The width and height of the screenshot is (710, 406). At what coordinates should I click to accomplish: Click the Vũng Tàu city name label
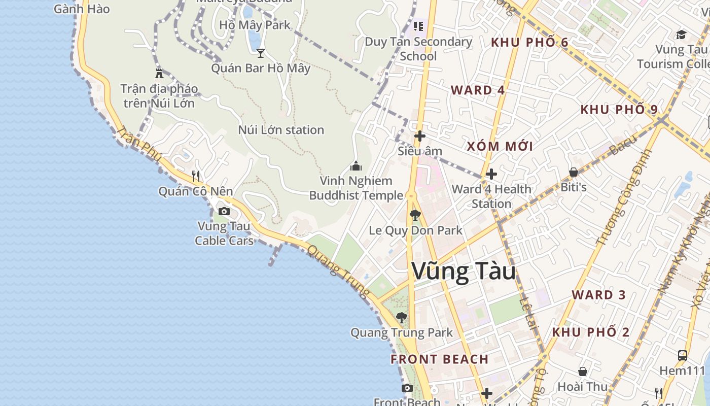pyautogui.click(x=464, y=271)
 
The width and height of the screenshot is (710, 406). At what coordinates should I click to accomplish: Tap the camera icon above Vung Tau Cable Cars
pyautogui.click(x=224, y=211)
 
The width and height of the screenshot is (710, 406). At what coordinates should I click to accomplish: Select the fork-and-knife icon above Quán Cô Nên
pyautogui.click(x=196, y=176)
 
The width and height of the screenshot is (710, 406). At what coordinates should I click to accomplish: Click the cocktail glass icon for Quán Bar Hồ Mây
pyautogui.click(x=261, y=53)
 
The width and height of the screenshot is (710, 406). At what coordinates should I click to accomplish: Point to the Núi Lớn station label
pyautogui.click(x=281, y=130)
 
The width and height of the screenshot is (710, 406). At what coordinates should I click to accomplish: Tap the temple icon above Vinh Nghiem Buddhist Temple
pyautogui.click(x=356, y=166)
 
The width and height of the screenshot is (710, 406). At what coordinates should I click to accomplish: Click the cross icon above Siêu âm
pyautogui.click(x=419, y=136)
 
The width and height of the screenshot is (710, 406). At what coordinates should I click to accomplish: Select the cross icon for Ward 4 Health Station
pyautogui.click(x=491, y=174)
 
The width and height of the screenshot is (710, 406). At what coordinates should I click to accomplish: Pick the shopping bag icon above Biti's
pyautogui.click(x=574, y=173)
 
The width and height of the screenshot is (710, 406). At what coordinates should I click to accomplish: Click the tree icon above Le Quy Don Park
pyautogui.click(x=415, y=215)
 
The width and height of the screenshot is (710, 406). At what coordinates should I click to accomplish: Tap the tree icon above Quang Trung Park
pyautogui.click(x=401, y=318)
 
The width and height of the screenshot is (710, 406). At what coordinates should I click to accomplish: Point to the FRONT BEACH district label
pyautogui.click(x=439, y=359)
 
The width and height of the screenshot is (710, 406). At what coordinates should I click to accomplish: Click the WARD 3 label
pyautogui.click(x=598, y=295)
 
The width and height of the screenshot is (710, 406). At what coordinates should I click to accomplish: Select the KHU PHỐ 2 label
pyautogui.click(x=590, y=332)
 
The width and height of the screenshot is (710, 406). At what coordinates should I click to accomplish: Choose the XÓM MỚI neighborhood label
pyautogui.click(x=500, y=147)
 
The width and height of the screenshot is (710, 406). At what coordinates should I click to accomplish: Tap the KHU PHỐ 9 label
pyautogui.click(x=619, y=110)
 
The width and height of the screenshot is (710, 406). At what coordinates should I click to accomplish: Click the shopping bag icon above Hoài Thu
pyautogui.click(x=583, y=371)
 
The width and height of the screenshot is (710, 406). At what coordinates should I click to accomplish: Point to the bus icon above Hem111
pyautogui.click(x=683, y=355)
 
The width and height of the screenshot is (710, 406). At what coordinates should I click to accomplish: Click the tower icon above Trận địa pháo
pyautogui.click(x=159, y=73)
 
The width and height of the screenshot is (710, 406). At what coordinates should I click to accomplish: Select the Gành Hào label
pyautogui.click(x=82, y=9)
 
